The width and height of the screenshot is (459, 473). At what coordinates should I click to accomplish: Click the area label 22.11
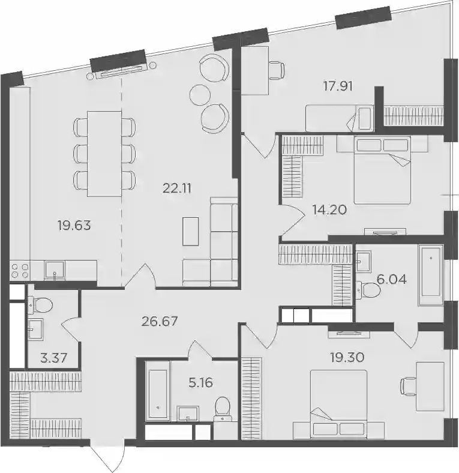tap(177, 189)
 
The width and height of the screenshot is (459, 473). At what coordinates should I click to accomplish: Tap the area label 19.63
tap(74, 225)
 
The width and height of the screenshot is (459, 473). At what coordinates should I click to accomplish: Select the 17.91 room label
tap(338, 86)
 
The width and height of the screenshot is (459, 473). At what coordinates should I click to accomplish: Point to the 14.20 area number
tap(329, 209)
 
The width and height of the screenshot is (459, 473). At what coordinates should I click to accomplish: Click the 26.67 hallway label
tap(160, 321)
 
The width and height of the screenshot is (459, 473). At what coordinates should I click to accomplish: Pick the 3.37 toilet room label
tap(53, 359)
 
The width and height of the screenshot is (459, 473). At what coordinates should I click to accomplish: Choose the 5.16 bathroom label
tap(200, 382)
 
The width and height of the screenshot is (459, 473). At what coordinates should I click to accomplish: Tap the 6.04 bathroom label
tap(391, 280)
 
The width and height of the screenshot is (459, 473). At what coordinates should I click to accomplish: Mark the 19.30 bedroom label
tap(347, 357)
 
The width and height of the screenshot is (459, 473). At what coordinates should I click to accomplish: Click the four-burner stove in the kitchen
tap(20, 271)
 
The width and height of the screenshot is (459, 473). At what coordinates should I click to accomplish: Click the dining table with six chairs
tap(104, 154)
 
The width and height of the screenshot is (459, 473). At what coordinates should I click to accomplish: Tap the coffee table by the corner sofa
tap(191, 231)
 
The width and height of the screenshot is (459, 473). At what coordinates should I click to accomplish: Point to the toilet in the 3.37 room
tap(40, 305)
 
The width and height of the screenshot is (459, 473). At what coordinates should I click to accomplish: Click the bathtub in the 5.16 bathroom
tap(157, 391)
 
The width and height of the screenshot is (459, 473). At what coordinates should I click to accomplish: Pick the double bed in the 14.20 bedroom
tap(382, 170)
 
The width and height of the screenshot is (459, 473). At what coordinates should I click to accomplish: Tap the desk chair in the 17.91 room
tap(277, 71)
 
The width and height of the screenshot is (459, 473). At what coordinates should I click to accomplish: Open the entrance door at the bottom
tap(107, 456)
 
